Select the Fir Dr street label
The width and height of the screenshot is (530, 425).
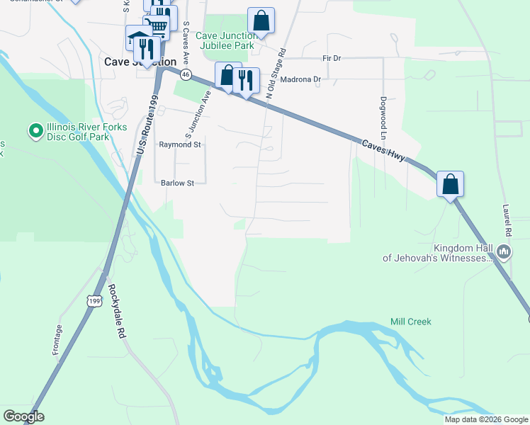[332, 58]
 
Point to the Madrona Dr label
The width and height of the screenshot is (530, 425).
[300, 79]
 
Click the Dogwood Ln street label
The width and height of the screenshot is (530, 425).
[383, 118]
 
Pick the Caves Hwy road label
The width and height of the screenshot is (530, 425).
[383, 150]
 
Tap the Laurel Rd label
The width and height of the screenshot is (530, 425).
[506, 221]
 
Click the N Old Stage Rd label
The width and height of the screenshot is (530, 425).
[276, 72]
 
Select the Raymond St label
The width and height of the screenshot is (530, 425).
[180, 144]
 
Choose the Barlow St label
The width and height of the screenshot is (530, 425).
[176, 183]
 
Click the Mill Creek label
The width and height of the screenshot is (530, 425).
[410, 322]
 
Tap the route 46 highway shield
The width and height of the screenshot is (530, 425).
[186, 74]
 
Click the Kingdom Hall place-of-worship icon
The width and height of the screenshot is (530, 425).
[504, 251]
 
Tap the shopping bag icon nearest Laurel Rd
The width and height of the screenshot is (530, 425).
[450, 185]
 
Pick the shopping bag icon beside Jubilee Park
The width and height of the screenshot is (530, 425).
[261, 21]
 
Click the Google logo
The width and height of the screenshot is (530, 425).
[23, 416]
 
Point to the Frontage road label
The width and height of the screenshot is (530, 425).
[57, 340]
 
